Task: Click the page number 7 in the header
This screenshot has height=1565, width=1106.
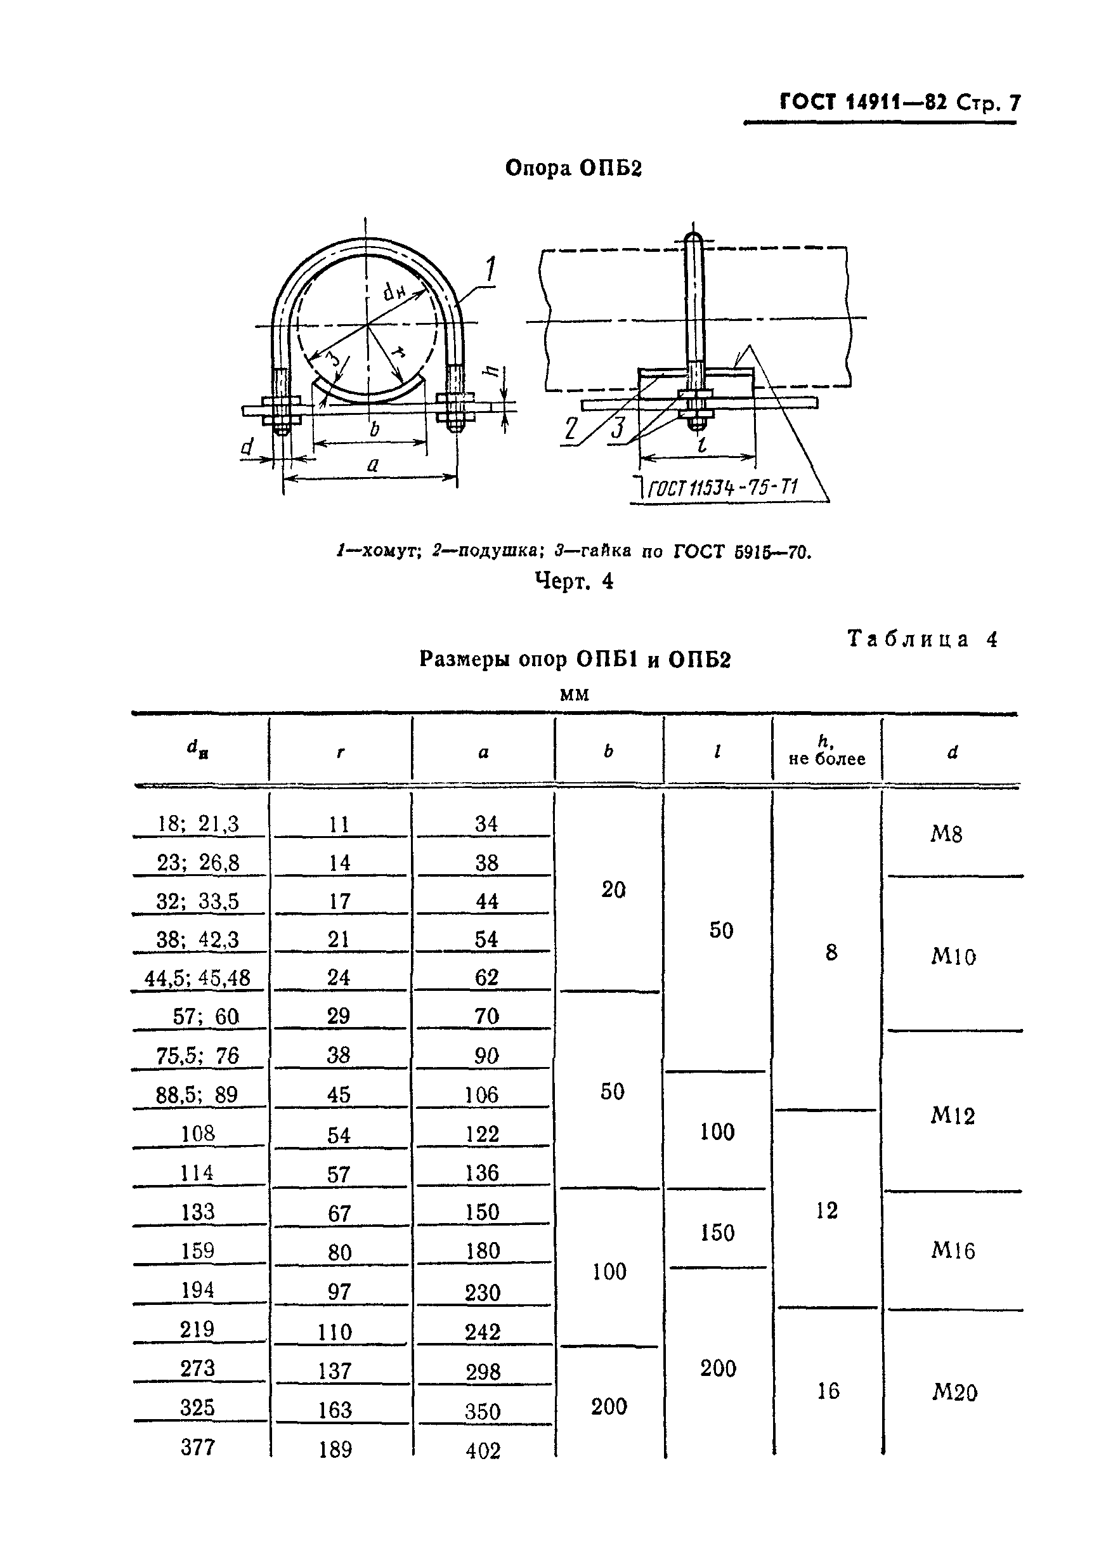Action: click(x=1014, y=103)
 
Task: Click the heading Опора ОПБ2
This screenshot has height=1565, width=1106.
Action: click(x=573, y=167)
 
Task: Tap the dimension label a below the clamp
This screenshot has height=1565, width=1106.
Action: click(x=372, y=465)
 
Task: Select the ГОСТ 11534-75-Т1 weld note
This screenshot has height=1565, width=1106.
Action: click(x=722, y=488)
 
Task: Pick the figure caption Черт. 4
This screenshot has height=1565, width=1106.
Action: click(x=574, y=580)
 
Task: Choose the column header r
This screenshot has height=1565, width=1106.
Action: click(x=340, y=752)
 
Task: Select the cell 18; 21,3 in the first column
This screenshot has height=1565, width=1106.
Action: click(x=198, y=823)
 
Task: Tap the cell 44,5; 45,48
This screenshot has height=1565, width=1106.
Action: click(x=198, y=978)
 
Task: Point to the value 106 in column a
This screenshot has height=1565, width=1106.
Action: click(x=482, y=1095)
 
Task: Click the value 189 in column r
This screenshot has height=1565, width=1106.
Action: click(x=335, y=1449)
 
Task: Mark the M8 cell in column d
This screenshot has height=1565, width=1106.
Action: click(x=947, y=834)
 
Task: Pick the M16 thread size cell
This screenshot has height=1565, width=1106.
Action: click(x=953, y=1250)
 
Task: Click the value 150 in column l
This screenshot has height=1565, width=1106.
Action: click(x=718, y=1233)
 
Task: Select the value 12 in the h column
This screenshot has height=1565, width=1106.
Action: click(x=826, y=1210)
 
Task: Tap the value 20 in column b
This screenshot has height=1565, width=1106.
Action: click(x=613, y=889)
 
